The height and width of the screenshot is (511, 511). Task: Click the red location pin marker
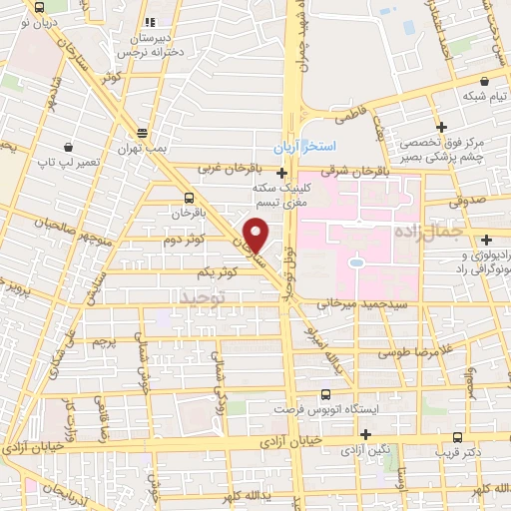256,235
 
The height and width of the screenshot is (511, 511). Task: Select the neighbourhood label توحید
203,297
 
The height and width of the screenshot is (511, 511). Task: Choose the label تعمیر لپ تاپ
63,160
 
